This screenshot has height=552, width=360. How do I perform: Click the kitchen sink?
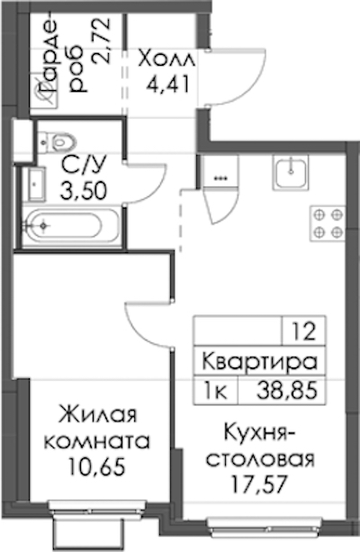pyautogui.click(x=290, y=172)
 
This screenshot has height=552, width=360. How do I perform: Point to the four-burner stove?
pyautogui.click(x=328, y=223)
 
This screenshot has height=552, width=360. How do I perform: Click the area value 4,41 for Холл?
pyautogui.click(x=169, y=84)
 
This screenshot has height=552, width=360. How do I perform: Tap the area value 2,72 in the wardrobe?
pyautogui.click(x=102, y=41)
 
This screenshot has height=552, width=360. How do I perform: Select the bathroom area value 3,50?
pyautogui.click(x=84, y=191)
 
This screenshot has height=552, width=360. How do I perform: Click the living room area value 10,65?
pyautogui.click(x=97, y=466)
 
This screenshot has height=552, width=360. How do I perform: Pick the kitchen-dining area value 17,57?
pyautogui.click(x=258, y=484)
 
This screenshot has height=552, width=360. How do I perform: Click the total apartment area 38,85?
pyautogui.click(x=287, y=391)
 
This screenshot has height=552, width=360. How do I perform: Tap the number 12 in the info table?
pyautogui.click(x=304, y=331)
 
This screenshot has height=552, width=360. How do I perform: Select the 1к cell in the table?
pyautogui.click(x=216, y=391)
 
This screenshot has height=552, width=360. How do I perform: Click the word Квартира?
pyautogui.click(x=260, y=362)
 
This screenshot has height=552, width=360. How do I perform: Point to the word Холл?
pyautogui.click(x=166, y=59)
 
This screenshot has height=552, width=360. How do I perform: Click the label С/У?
pyautogui.click(x=84, y=165)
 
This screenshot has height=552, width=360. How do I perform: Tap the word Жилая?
pyautogui.click(x=97, y=415)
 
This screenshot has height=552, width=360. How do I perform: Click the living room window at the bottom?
pyautogui.click(x=97, y=506)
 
